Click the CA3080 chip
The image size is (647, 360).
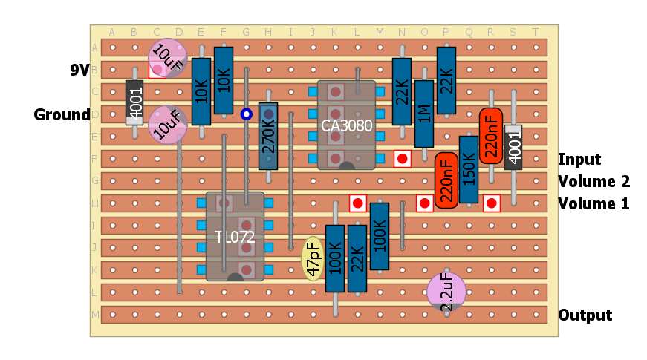[x=346, y=125]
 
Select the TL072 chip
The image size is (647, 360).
[x=235, y=237]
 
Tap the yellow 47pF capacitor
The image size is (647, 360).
[x=313, y=259]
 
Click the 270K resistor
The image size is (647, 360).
[x=268, y=137]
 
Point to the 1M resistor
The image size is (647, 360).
[x=424, y=114]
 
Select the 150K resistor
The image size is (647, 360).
[x=469, y=169]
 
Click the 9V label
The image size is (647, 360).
[x=79, y=71]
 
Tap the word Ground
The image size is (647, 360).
[x=62, y=115]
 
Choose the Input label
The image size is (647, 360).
[x=579, y=160]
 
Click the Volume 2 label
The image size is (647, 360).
[x=594, y=182]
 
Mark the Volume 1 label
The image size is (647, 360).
[x=594, y=204]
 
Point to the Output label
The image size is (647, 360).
[x=585, y=315]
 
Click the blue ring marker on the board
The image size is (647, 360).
[x=246, y=114]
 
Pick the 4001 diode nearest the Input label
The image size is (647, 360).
[x=513, y=147]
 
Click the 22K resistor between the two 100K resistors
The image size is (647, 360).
[x=357, y=258]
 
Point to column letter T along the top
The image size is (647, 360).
[x=536, y=32]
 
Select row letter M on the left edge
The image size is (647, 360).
[x=94, y=315]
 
